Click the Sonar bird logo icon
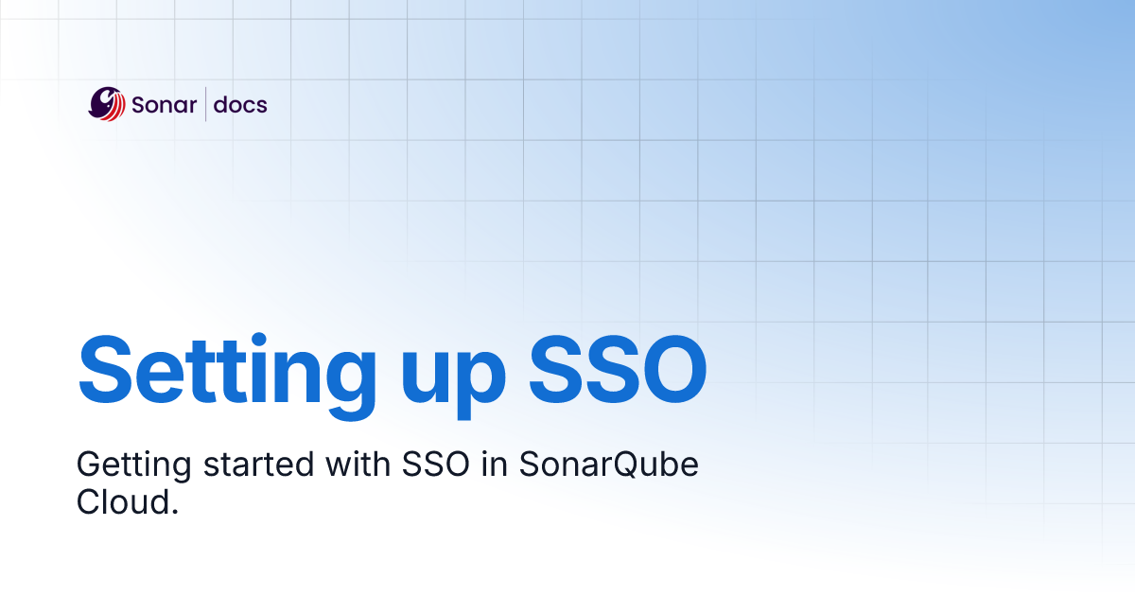(x=107, y=104)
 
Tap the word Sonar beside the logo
(x=164, y=104)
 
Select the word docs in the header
(x=240, y=104)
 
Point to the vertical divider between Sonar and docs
(x=206, y=104)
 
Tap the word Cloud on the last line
(x=122, y=502)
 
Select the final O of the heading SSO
(x=671, y=367)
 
